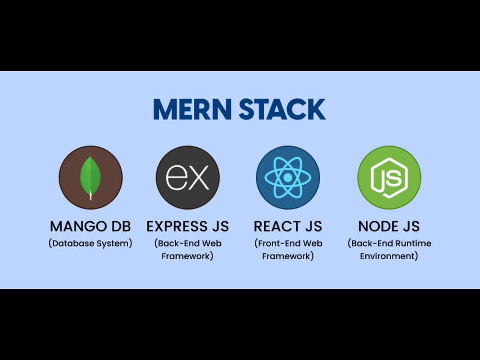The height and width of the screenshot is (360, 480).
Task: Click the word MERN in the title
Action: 192,109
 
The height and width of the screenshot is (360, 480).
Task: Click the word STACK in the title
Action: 282,109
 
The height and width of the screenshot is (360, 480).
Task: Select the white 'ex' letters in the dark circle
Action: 187,177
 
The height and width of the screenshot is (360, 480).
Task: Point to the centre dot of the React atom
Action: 288,177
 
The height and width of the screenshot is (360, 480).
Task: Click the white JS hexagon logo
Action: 389,178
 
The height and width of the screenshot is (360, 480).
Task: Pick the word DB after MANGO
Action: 121,227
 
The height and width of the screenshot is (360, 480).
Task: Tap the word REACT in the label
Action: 277,227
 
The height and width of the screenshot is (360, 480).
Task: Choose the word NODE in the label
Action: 378,227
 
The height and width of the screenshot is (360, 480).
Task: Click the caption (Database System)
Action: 90,243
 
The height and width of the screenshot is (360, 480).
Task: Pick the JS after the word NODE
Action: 410,227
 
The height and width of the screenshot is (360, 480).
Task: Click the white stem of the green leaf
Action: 90,196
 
